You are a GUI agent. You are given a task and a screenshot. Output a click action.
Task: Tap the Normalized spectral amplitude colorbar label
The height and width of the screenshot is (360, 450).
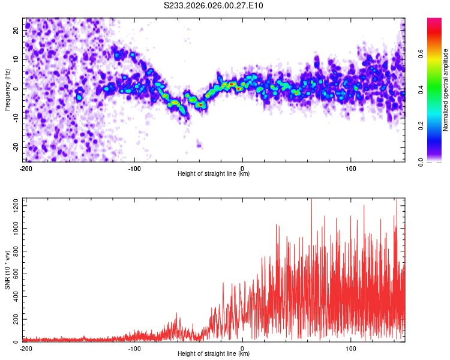(446, 90)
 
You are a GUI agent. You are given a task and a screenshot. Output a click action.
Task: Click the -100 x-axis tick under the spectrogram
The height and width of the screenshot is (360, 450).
(134, 168)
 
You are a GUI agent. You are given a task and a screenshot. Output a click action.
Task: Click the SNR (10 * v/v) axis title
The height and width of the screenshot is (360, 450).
(7, 270)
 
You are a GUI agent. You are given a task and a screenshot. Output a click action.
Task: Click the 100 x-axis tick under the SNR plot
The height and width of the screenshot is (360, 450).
(350, 348)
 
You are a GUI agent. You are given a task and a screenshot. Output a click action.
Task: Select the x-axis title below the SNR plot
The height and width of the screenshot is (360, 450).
(214, 354)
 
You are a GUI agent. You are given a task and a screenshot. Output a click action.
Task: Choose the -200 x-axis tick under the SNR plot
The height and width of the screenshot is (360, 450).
(26, 348)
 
